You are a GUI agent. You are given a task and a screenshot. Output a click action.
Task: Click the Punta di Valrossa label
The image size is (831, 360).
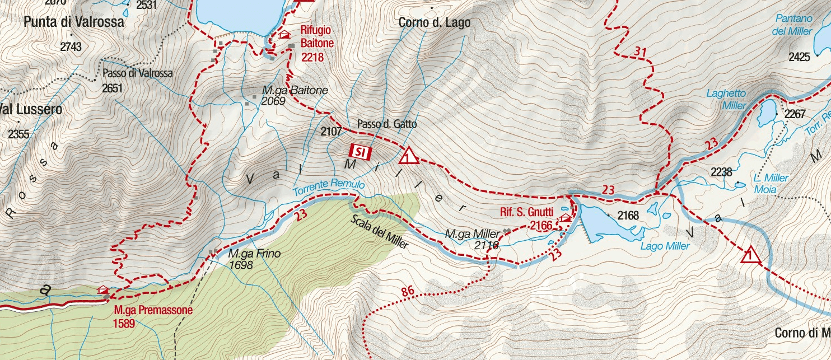(x=74, y=22)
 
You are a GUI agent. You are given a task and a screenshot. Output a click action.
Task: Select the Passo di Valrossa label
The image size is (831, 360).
(x=138, y=73)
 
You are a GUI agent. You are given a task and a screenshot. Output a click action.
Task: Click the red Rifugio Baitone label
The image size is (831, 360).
(x=317, y=36)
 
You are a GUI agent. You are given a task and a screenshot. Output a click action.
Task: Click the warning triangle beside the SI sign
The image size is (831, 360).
(x=409, y=156)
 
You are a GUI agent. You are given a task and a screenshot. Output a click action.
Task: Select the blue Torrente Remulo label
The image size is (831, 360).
(x=328, y=188)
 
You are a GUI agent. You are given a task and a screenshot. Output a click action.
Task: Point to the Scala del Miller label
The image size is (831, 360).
(x=380, y=232)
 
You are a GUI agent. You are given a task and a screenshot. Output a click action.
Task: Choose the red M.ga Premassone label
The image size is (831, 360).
(x=153, y=310)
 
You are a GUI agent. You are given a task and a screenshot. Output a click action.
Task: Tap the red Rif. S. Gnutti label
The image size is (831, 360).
(x=526, y=212)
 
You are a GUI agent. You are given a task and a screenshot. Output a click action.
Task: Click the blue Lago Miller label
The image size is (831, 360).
(x=665, y=246)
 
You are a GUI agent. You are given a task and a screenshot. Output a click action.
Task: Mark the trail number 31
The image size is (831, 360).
(x=641, y=52)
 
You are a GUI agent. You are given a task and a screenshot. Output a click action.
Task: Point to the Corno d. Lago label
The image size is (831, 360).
(x=435, y=23)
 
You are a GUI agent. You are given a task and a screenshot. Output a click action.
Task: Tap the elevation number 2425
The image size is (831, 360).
(x=799, y=57)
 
